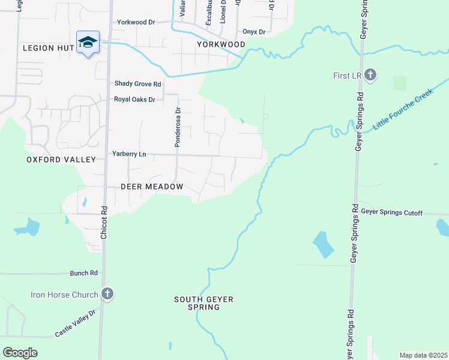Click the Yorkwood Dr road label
136,22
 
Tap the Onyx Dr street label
254,32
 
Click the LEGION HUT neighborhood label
47,47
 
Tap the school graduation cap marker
88,43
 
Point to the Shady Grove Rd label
137,84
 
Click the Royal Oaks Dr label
134,99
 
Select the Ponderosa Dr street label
178,127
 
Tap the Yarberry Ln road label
129,154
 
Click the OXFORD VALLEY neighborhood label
61,160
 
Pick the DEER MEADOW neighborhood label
152,187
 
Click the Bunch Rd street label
83,273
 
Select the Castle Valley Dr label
75,324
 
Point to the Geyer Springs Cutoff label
392,213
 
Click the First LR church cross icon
371,75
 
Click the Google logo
20,353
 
